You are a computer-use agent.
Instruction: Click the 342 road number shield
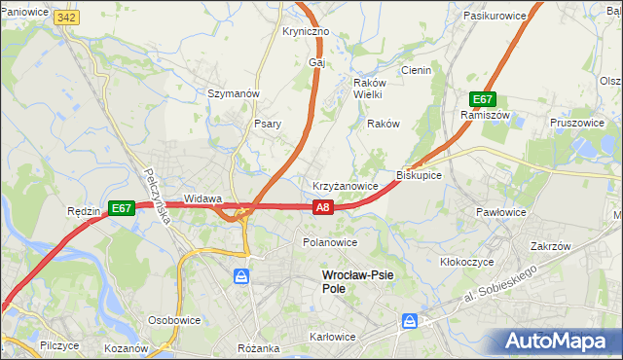66,18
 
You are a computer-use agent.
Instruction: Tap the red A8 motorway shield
324,206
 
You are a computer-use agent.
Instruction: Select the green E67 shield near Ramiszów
484,99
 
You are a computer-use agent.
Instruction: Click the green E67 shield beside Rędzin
122,208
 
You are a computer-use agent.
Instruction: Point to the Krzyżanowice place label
345,185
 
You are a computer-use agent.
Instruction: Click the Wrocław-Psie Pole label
357,282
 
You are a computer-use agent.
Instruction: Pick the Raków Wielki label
367,89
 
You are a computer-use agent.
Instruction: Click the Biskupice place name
420,175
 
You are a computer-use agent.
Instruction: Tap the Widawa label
203,198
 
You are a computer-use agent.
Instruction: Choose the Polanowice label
330,242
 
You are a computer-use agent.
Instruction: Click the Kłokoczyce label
469,263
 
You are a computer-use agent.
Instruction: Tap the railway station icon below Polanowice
240,277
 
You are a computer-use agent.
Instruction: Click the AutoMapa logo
558,341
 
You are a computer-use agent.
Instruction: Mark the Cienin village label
417,70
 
